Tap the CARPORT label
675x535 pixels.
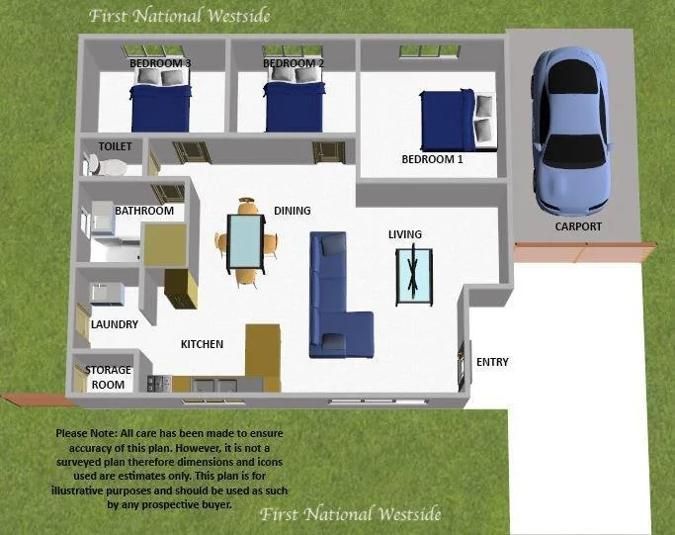pyautogui.click(x=578, y=226)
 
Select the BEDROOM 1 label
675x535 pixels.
pyautogui.click(x=432, y=159)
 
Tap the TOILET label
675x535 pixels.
pyautogui.click(x=115, y=146)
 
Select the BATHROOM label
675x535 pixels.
pyautogui.click(x=144, y=211)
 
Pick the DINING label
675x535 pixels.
pyautogui.click(x=293, y=211)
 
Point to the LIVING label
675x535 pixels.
pyautogui.click(x=405, y=234)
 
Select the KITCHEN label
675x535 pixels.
pyautogui.click(x=202, y=344)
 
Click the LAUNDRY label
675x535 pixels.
pyautogui.click(x=115, y=323)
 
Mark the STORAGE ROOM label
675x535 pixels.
pyautogui.click(x=108, y=377)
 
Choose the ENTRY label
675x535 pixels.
pyautogui.click(x=492, y=362)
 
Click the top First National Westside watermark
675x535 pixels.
pyautogui.click(x=179, y=16)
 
